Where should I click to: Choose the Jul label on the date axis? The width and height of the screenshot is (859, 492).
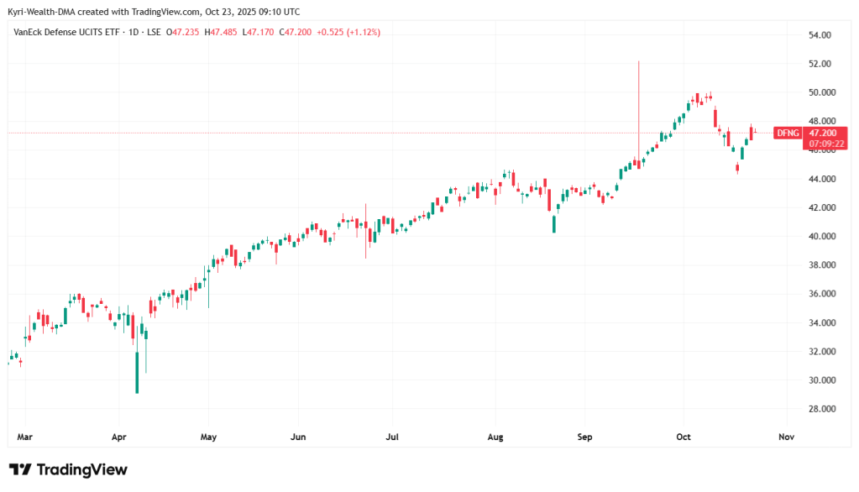[391, 437]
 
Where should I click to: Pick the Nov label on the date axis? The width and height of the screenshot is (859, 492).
[786, 437]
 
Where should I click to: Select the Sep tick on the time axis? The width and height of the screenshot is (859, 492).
[585, 437]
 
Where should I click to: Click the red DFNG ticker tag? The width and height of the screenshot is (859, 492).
[787, 133]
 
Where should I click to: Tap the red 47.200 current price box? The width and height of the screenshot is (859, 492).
[822, 133]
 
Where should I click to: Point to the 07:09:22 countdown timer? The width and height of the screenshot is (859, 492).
[822, 144]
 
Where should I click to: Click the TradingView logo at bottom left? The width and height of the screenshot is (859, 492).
[68, 469]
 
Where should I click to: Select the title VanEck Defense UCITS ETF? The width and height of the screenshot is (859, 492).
[65, 32]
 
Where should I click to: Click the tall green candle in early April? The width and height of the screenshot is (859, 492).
[137, 373]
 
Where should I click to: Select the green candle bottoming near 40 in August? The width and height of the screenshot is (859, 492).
[554, 224]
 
